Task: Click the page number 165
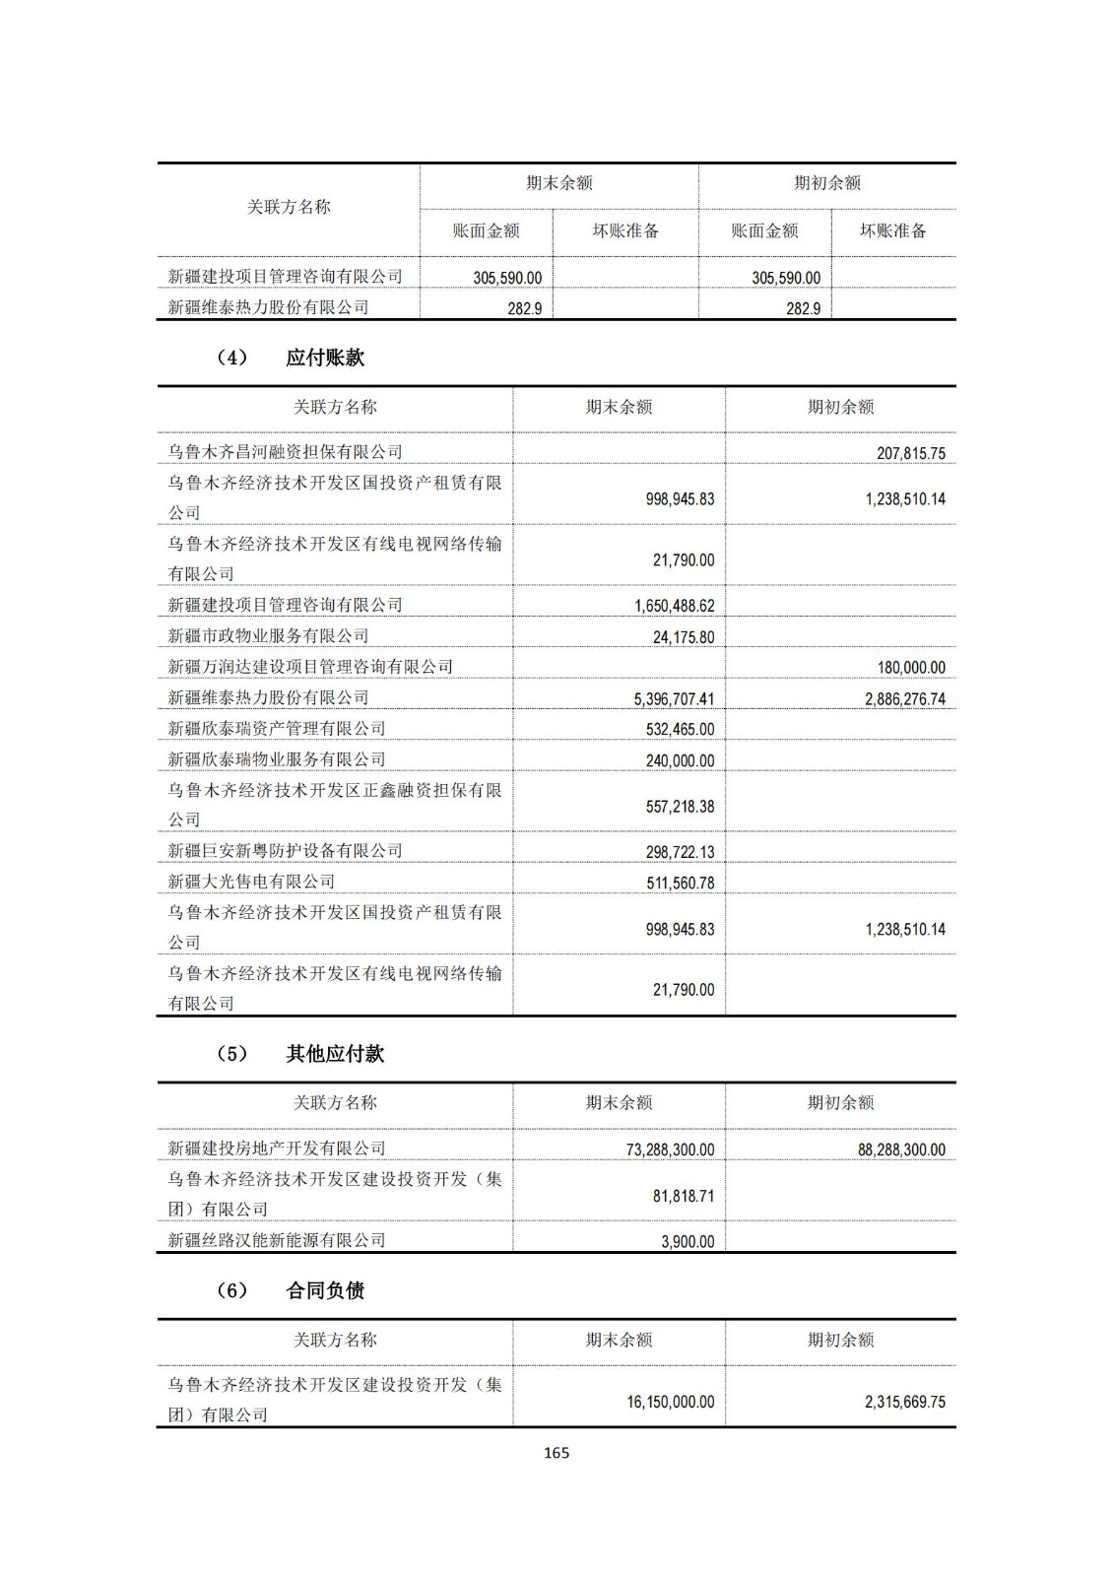[557, 1453]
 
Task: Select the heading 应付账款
[325, 358]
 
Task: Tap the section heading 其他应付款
[335, 1054]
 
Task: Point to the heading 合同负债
[325, 1290]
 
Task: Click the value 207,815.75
[910, 454]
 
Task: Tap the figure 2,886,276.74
[904, 699]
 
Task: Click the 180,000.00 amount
[910, 668]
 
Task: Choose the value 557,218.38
[680, 807]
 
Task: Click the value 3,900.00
[688, 1242]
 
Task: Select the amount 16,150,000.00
[670, 1402]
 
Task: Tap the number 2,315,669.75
[904, 1402]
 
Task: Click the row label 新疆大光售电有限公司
[251, 882]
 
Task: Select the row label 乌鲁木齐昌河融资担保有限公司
[285, 452]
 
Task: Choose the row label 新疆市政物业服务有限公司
[268, 636]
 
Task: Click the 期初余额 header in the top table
[827, 183]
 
